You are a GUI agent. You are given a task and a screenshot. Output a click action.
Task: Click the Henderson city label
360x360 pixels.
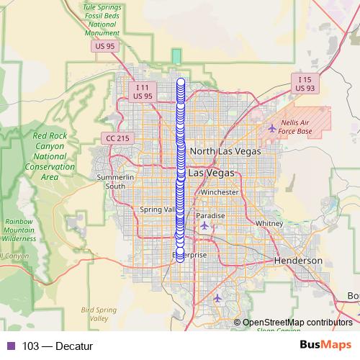(x=298, y=260)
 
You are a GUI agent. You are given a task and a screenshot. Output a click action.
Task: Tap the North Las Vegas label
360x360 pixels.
(x=225, y=152)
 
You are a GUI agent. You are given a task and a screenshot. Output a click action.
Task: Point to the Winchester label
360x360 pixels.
(x=220, y=193)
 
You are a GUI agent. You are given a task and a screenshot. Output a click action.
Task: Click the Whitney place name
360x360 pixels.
(x=269, y=223)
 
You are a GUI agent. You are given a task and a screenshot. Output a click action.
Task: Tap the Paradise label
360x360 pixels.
(x=211, y=215)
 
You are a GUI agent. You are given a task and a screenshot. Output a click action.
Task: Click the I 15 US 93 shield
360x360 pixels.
(x=305, y=83)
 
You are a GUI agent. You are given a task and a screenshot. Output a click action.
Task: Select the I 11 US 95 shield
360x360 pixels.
(x=143, y=91)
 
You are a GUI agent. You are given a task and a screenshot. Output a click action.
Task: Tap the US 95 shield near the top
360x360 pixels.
(x=104, y=47)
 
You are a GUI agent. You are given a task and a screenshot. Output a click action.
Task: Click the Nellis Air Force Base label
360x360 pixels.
(x=295, y=127)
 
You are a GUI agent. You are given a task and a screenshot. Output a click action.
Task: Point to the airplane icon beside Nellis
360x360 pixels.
(x=271, y=128)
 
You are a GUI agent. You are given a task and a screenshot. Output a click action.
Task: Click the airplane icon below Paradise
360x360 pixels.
(x=205, y=226)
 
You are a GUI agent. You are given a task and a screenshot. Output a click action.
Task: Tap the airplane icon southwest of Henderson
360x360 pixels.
(x=218, y=297)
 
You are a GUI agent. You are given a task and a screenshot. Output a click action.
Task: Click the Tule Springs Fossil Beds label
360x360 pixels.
(x=100, y=19)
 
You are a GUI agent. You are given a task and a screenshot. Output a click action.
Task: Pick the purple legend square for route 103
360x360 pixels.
(x=9, y=346)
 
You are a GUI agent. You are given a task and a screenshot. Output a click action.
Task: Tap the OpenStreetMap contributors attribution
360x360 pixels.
(x=297, y=323)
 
